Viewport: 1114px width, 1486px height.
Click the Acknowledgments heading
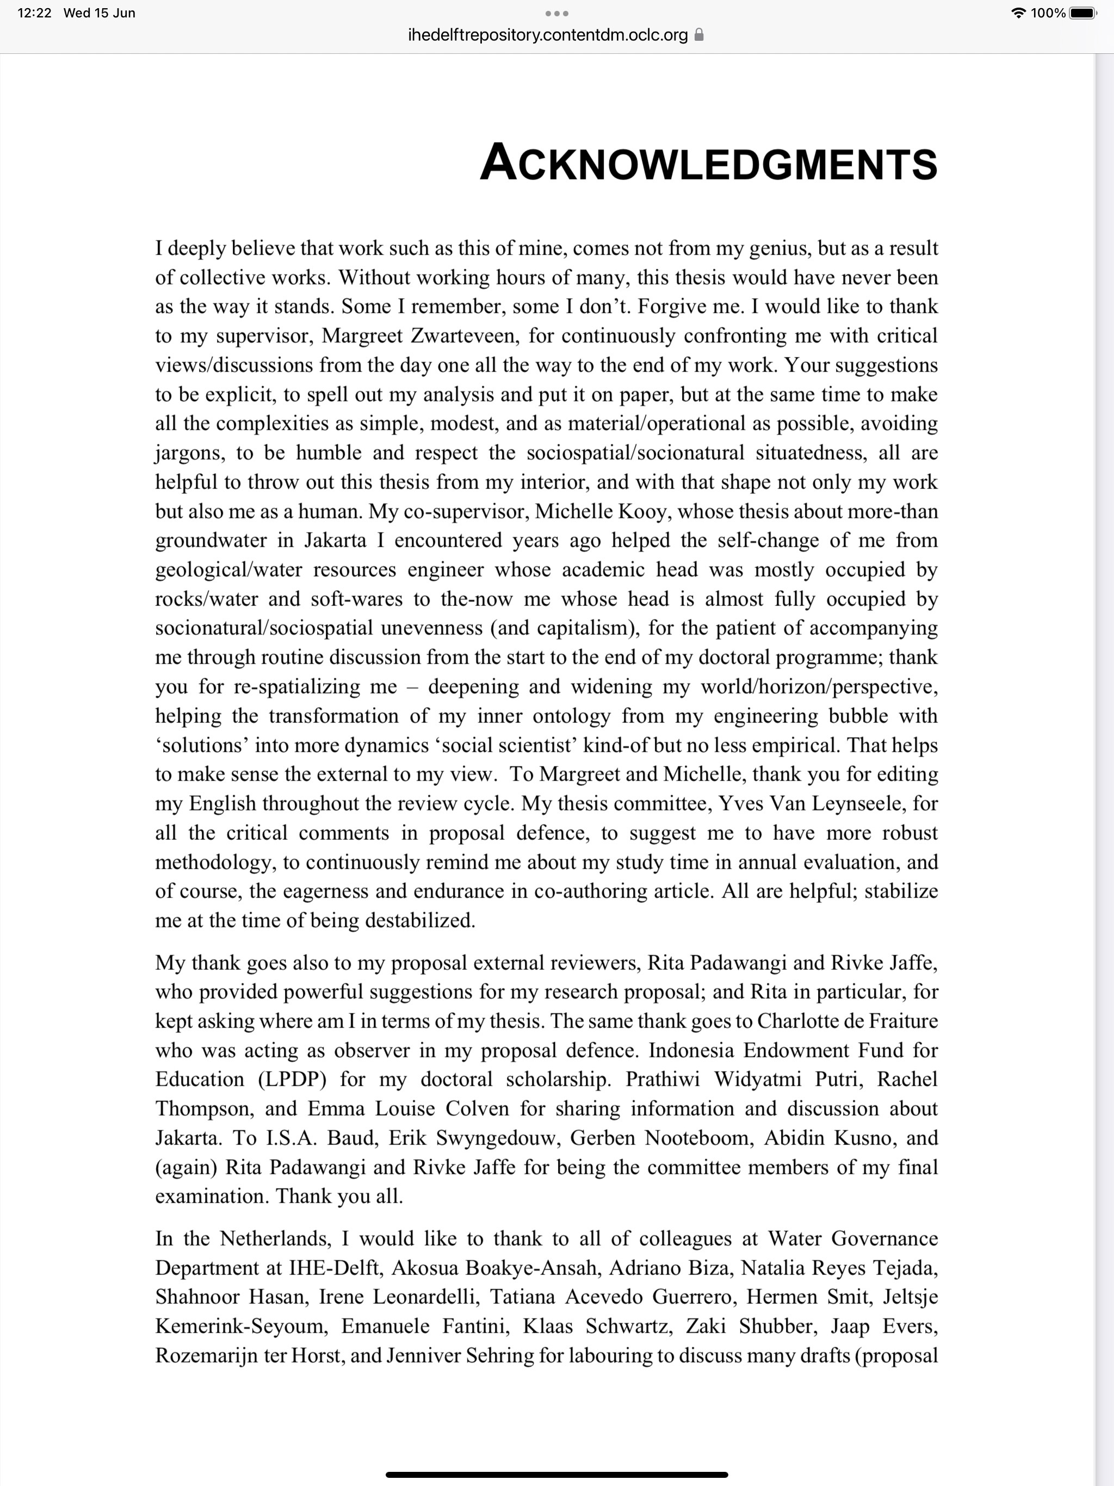click(x=708, y=163)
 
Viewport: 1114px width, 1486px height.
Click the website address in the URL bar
click(x=548, y=35)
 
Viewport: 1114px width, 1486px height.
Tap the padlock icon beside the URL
click(x=699, y=35)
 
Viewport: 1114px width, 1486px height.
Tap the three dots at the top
click(x=557, y=14)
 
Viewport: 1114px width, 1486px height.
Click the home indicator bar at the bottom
click(x=557, y=1475)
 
